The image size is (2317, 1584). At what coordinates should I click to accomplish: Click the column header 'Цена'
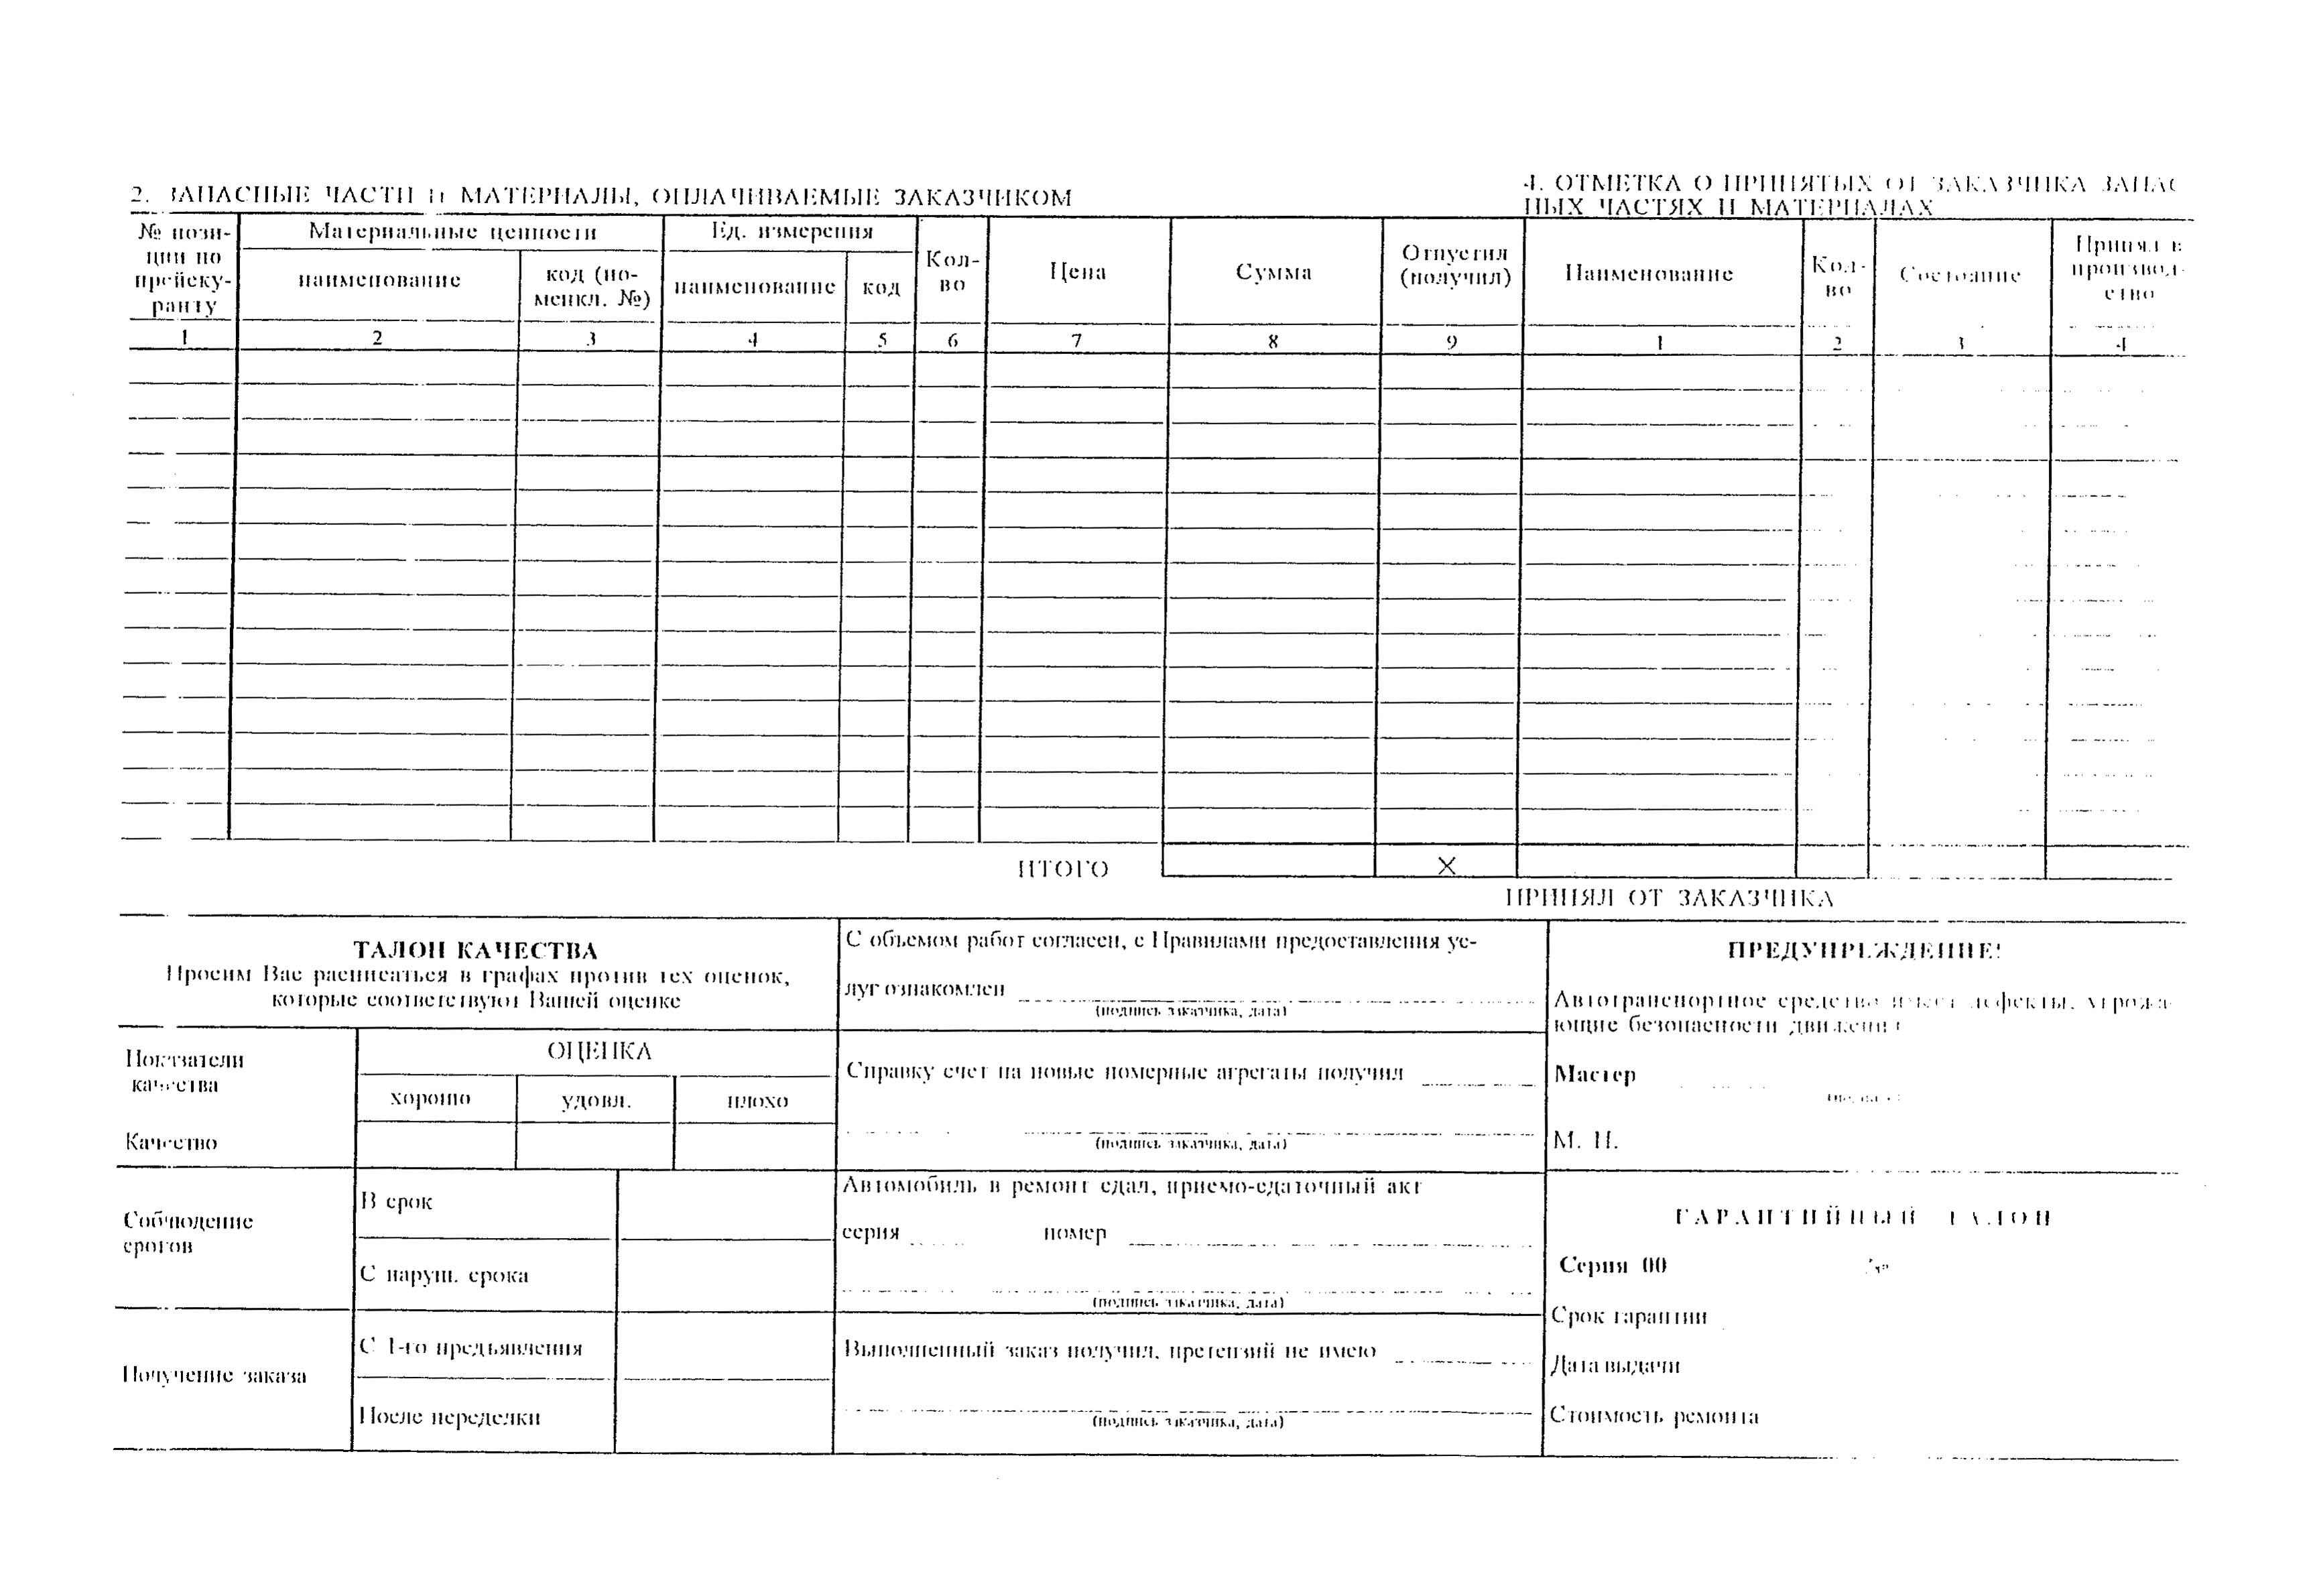1077,271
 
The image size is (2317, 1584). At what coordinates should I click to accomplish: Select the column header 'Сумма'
1273,272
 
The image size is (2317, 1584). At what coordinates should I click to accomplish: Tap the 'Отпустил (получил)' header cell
1454,265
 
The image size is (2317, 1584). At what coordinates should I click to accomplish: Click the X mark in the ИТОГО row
1446,865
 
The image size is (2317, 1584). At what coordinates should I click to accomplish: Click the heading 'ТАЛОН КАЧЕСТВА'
476,950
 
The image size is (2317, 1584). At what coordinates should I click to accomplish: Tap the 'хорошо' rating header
431,1099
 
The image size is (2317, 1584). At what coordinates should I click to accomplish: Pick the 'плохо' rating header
758,1101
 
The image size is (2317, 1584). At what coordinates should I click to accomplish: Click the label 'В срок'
396,1201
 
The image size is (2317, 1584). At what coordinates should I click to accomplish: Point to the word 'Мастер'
1595,1075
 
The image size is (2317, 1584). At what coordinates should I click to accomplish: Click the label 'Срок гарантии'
1629,1316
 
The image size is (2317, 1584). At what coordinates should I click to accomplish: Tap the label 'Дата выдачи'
1615,1365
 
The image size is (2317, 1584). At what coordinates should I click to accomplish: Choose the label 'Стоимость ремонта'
1654,1416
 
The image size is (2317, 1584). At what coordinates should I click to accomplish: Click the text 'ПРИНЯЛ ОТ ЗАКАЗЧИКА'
1669,898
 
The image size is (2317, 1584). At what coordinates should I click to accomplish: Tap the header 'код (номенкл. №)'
591,286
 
